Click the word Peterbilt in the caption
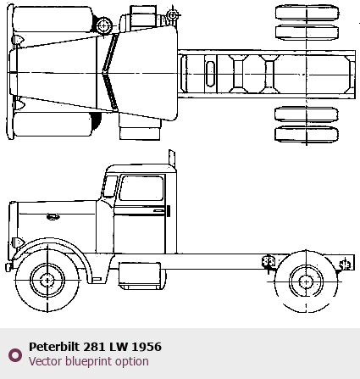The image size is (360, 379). pyautogui.click(x=54, y=347)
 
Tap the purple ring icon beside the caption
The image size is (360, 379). pyautogui.click(x=15, y=355)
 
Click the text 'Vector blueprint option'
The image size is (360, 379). pyautogui.click(x=89, y=361)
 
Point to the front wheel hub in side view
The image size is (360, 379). pyautogui.click(x=47, y=281)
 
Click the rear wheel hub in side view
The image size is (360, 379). pyautogui.click(x=306, y=281)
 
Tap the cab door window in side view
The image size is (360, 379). pyautogui.click(x=141, y=188)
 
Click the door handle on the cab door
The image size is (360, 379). pyautogui.click(x=158, y=211)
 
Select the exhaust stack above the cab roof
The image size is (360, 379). pyautogui.click(x=172, y=159)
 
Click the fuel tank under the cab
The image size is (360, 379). pyautogui.click(x=140, y=274)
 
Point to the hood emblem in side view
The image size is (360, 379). pyautogui.click(x=53, y=217)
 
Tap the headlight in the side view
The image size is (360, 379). pyautogui.click(x=18, y=242)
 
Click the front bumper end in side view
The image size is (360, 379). pyautogui.click(x=8, y=267)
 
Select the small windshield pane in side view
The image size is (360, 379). pyautogui.click(x=110, y=187)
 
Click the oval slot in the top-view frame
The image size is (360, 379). pyautogui.click(x=210, y=74)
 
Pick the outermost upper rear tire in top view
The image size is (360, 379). pyautogui.click(x=307, y=13)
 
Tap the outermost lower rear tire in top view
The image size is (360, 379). pyautogui.click(x=307, y=134)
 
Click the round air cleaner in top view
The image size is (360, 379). pyautogui.click(x=104, y=25)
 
